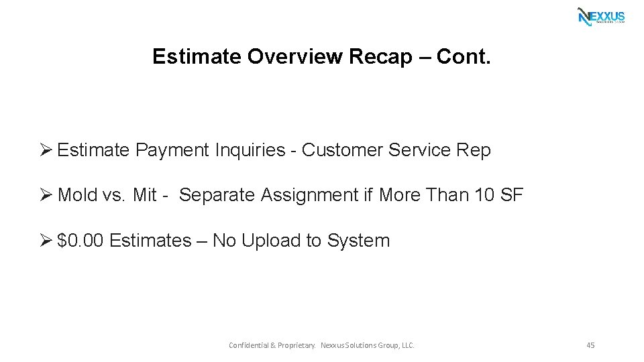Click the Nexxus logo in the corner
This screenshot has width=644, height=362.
(x=601, y=16)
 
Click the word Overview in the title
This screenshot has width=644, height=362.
(x=296, y=56)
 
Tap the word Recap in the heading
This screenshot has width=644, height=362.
(x=380, y=56)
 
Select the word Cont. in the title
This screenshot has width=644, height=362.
(x=464, y=56)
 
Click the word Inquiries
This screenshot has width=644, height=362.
(x=250, y=151)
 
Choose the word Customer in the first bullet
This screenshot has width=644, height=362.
(x=343, y=150)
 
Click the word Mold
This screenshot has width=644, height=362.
(x=78, y=196)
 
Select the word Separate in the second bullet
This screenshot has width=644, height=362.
(x=219, y=196)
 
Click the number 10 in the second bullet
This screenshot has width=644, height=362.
(x=484, y=196)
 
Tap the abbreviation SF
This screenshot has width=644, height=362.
(x=512, y=196)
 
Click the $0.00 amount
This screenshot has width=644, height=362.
(x=80, y=241)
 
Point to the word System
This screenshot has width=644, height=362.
(x=358, y=241)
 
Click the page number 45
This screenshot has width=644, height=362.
(x=590, y=345)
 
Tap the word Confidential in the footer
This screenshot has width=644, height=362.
(x=248, y=345)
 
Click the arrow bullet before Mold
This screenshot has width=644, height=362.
(x=46, y=196)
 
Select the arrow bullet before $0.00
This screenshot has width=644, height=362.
(x=46, y=241)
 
